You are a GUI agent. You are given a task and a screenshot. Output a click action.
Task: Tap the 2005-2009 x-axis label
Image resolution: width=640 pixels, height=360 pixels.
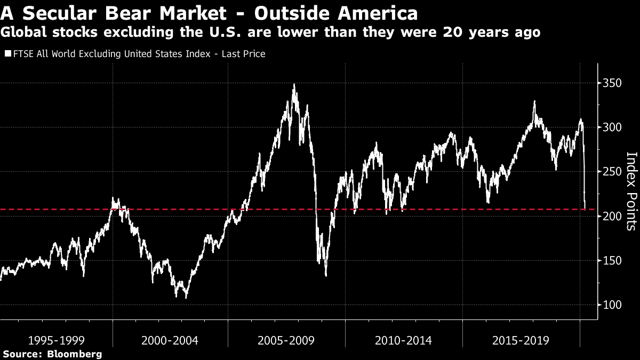pyautogui.click(x=287, y=340)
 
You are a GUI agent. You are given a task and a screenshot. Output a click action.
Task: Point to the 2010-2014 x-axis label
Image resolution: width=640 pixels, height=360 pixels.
pyautogui.click(x=403, y=340)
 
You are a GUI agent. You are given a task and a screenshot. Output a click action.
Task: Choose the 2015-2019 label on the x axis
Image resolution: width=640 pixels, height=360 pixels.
pyautogui.click(x=520, y=340)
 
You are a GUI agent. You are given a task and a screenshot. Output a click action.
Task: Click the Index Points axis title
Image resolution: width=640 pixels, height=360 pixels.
pyautogui.click(x=631, y=191)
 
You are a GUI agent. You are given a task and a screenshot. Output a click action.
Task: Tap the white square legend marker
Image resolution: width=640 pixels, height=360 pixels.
pyautogui.click(x=7, y=54)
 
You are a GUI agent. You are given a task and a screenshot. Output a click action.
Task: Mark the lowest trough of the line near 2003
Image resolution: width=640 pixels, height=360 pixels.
pyautogui.click(x=186, y=297)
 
